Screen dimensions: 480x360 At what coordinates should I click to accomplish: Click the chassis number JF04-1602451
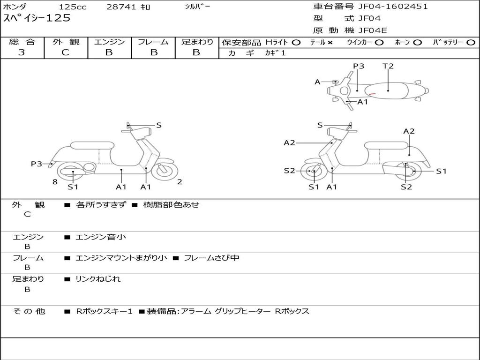coord(393,7)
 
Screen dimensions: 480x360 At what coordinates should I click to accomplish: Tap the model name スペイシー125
coord(37,18)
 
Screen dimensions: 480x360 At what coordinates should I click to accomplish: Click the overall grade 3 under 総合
coord(22,52)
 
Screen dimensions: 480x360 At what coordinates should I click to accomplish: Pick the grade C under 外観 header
coord(65,52)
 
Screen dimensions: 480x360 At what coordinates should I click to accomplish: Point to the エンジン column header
coord(109,42)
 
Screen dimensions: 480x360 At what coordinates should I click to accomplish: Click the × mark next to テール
coord(330,43)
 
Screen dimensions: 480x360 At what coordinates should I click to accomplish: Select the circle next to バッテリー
coord(471,43)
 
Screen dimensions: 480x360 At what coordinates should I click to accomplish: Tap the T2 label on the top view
coord(388,66)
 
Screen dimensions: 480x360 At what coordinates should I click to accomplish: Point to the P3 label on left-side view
coord(37,164)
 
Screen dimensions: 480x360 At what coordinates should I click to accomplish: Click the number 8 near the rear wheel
coord(55,182)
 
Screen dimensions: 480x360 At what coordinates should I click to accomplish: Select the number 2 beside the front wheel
coord(180,182)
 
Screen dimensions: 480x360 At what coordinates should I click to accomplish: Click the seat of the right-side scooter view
coord(386,145)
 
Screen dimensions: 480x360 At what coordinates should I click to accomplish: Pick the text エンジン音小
coord(101,237)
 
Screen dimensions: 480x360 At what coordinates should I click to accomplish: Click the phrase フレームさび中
coord(211,258)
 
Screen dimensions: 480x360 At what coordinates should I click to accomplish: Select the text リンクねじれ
coord(98,279)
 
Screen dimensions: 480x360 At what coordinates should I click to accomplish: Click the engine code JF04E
coord(373,30)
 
